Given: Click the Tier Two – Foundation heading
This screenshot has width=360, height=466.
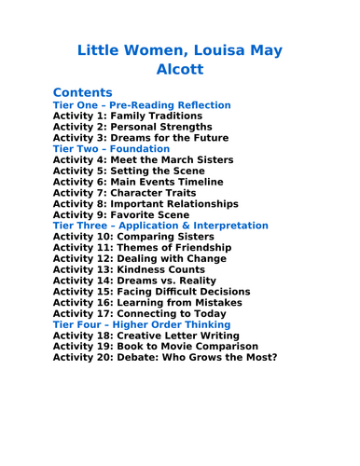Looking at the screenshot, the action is tap(111, 149).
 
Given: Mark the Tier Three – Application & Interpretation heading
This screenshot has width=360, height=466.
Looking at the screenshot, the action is tap(160, 226).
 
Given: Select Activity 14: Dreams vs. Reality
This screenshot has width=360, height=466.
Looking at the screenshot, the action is tap(134, 281).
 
